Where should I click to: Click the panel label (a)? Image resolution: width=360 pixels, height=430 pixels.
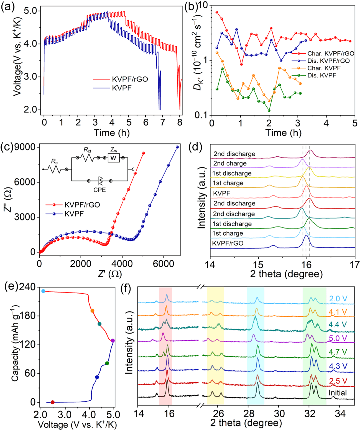(x=8, y=7)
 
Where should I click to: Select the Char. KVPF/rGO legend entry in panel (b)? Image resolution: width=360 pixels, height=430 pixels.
(x=330, y=53)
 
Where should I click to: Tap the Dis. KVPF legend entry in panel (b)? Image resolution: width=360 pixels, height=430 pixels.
(x=321, y=75)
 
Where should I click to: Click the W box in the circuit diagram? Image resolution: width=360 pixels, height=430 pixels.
(x=113, y=157)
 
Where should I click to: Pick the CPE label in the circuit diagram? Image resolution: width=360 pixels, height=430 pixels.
(x=99, y=190)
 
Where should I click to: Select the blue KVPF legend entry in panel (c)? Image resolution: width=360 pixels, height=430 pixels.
(x=74, y=213)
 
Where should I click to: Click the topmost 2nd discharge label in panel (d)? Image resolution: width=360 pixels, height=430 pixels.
(x=234, y=154)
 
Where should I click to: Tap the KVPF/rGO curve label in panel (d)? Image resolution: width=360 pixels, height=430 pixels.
(x=228, y=243)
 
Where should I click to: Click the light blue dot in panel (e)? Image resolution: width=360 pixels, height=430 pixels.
(x=43, y=291)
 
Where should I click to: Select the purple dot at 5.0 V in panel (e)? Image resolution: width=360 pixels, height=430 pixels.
(x=113, y=341)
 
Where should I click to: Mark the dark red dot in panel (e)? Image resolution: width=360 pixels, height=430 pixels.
(x=52, y=402)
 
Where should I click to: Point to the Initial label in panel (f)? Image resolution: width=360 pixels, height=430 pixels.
(x=337, y=393)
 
